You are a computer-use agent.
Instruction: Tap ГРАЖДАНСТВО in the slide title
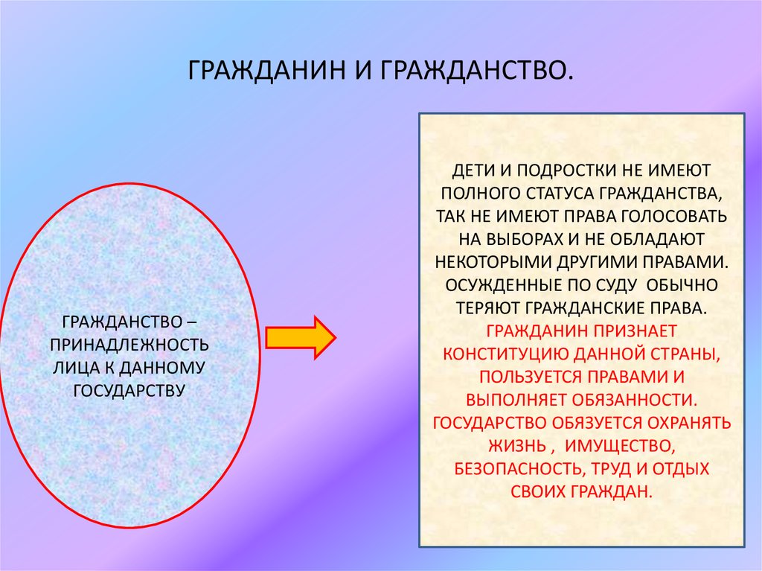[x=476, y=73]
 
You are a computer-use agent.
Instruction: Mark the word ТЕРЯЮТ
[x=488, y=308]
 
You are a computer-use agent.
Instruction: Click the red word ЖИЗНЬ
[x=517, y=446]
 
